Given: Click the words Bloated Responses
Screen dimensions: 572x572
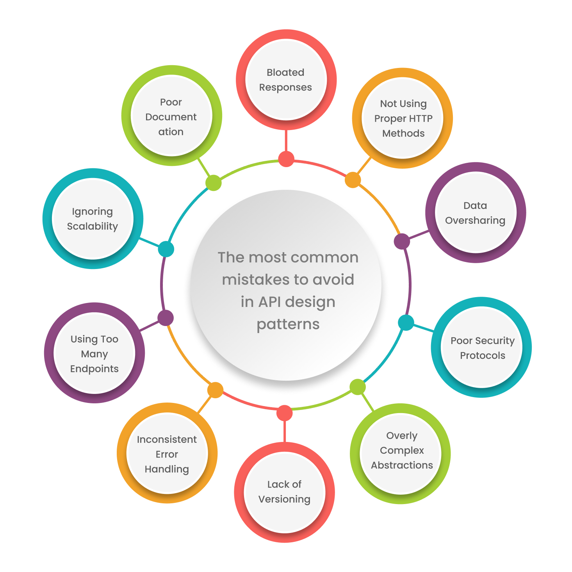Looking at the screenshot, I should tap(285, 80).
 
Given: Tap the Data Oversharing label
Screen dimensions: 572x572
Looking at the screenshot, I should tap(475, 213).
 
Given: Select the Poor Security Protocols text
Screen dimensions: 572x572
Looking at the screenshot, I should tap(483, 348).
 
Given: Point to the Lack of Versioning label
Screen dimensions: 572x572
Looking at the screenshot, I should tap(284, 492).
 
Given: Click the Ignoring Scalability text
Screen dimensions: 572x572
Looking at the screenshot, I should tap(93, 219).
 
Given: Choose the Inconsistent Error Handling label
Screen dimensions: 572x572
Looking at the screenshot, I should tap(167, 454).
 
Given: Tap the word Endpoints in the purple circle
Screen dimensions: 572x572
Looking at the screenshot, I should tap(94, 369).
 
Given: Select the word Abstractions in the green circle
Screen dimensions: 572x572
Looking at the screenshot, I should tap(402, 465).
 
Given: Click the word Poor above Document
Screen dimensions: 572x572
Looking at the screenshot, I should tap(171, 102).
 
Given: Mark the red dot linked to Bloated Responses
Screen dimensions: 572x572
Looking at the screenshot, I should tap(286, 159).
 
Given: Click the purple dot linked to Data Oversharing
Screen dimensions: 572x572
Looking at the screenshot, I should tap(402, 241).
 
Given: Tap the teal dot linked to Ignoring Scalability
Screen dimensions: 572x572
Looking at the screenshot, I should tap(166, 249).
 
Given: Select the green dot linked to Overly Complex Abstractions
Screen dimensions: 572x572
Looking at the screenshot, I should tap(357, 387).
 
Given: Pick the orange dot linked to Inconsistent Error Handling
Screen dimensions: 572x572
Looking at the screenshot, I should tap(215, 390).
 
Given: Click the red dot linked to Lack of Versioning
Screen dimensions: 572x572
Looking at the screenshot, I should tap(284, 413).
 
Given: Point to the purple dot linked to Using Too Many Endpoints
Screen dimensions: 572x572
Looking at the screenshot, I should tap(166, 318).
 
